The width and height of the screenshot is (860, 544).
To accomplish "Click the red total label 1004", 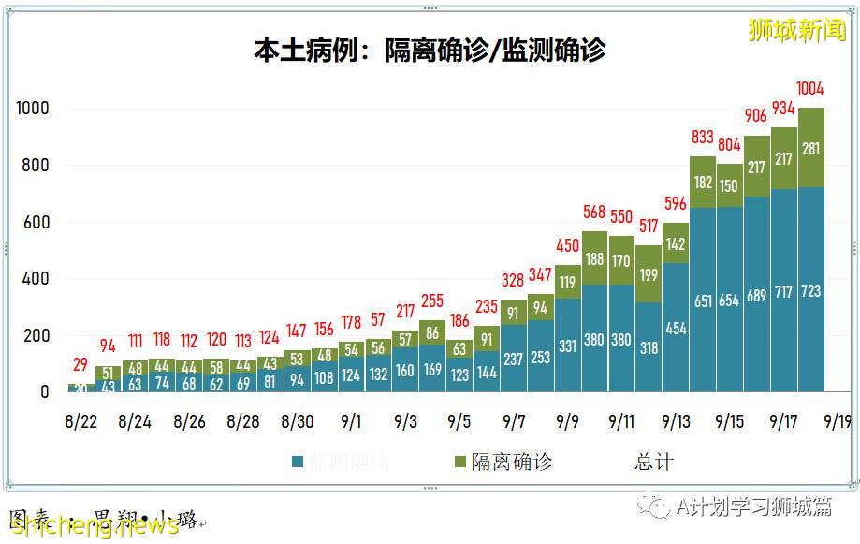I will [809, 89].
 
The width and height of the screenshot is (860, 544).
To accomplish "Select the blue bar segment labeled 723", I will [809, 291].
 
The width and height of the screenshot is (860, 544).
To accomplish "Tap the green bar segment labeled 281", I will [809, 147].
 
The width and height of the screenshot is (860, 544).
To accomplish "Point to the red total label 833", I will [703, 138].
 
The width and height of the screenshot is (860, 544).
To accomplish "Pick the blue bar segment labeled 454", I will [676, 328].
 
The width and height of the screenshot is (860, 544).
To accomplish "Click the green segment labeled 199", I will [648, 274].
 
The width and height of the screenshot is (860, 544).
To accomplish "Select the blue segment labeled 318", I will [648, 347].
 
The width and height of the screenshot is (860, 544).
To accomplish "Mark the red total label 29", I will [80, 364].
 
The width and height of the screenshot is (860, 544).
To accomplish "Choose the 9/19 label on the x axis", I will [836, 421].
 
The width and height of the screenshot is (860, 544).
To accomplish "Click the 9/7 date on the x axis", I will [514, 421].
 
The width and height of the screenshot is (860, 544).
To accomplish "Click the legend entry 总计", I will [653, 462].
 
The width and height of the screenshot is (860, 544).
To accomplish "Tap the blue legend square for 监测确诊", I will [298, 462].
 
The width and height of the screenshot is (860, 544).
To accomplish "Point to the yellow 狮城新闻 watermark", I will [796, 30].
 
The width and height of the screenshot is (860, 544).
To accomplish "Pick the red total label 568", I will [594, 213].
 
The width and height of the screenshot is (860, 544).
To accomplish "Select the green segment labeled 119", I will [567, 281].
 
